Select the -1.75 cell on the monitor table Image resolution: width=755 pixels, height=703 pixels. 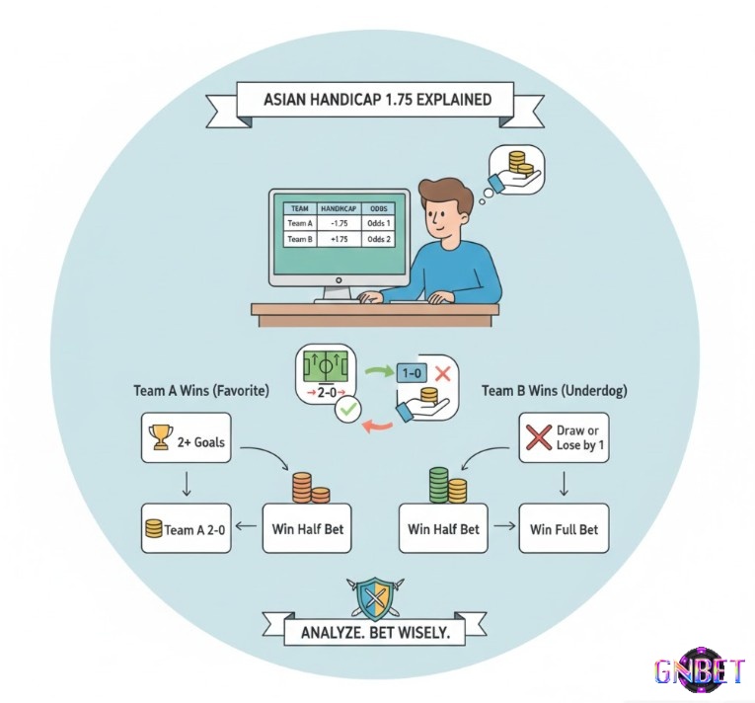(x=341, y=223)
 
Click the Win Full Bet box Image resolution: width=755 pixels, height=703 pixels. (x=564, y=529)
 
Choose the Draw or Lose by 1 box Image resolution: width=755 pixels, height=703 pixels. (x=564, y=437)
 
